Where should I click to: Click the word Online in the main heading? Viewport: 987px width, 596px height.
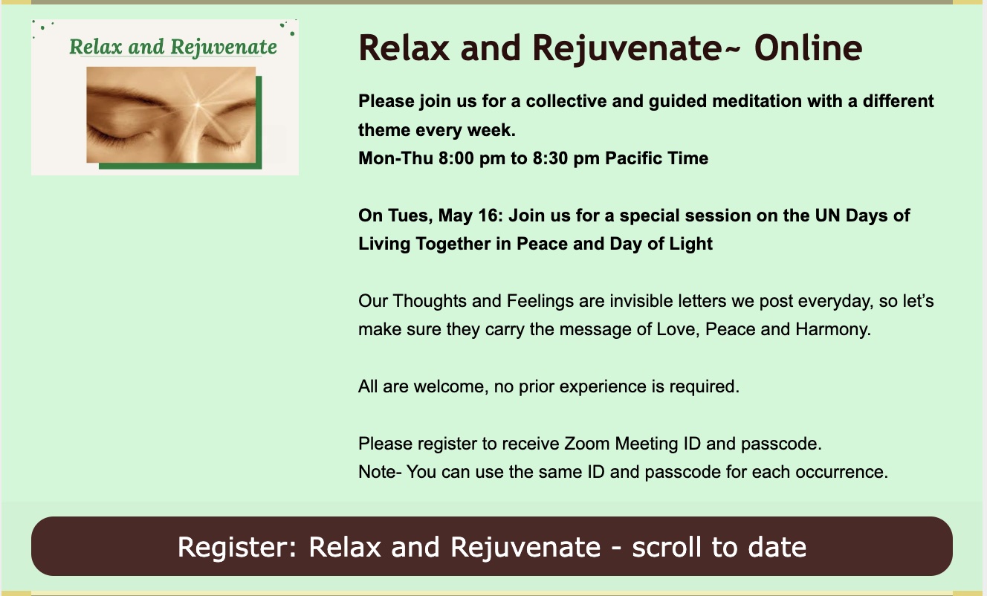coord(808,48)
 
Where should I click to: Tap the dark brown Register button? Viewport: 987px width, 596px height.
coord(492,546)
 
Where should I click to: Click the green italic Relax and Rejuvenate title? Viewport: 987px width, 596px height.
coord(173,48)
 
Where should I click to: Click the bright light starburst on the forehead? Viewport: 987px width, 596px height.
coord(198,105)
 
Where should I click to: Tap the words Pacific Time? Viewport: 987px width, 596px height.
coord(656,158)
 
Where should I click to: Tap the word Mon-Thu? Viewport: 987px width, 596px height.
coord(395,158)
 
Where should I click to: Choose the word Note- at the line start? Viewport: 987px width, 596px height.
coord(379,472)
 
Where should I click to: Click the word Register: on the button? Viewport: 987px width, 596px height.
coord(237,547)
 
